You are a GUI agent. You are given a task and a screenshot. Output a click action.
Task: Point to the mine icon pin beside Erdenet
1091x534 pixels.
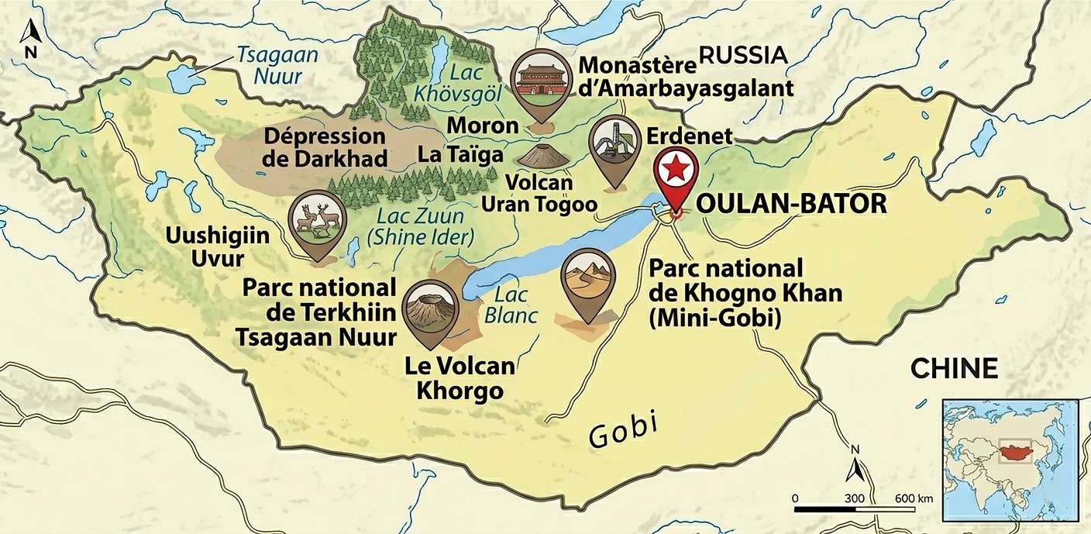point(614,147)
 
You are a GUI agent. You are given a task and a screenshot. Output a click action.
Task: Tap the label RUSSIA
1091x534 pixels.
point(743,54)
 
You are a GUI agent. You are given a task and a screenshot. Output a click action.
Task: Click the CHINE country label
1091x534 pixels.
point(954,368)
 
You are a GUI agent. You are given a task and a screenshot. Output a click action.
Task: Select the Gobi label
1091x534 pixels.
point(623,429)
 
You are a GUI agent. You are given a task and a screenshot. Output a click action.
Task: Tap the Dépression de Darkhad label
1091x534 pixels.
point(325,146)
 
